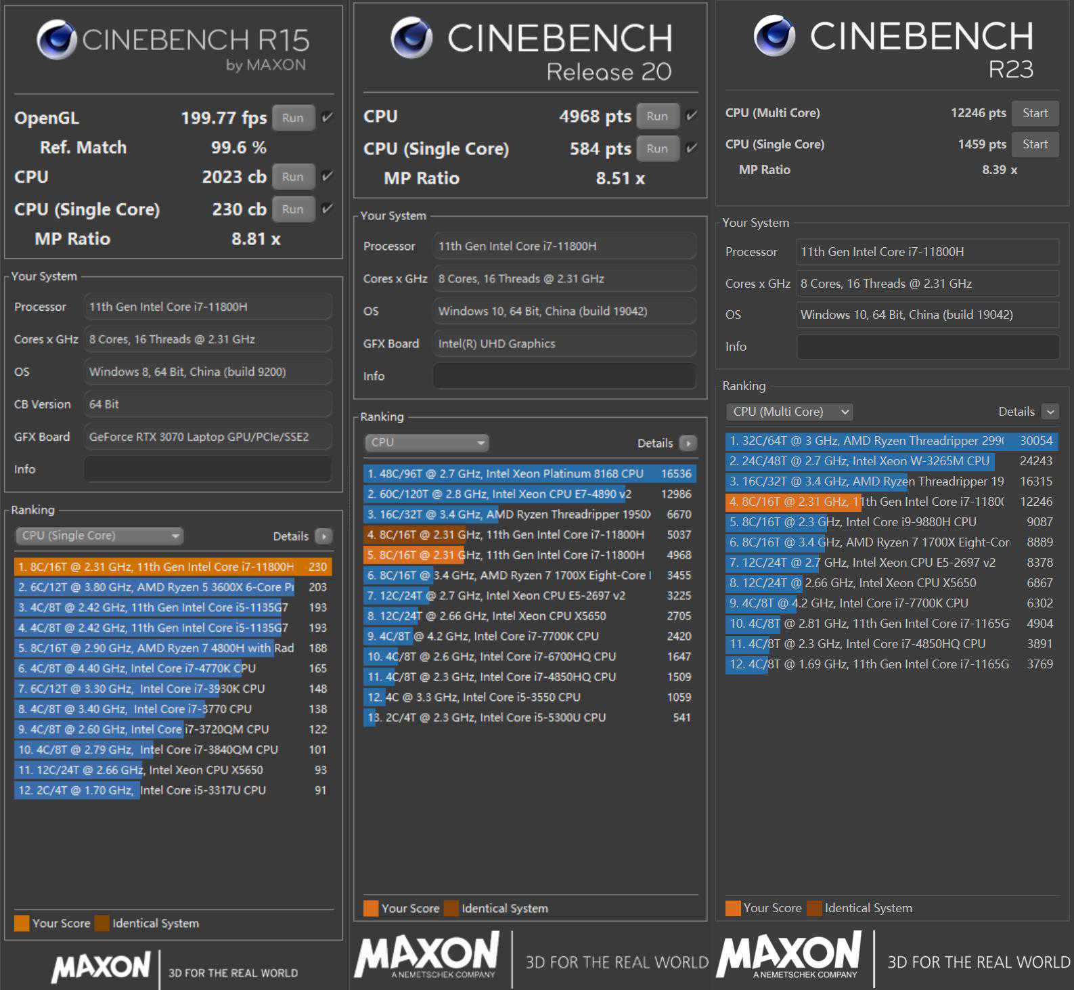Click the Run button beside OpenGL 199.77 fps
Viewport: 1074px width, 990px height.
tap(293, 118)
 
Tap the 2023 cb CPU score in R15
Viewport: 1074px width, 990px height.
tap(234, 177)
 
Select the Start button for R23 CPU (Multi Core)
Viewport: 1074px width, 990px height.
tap(1035, 113)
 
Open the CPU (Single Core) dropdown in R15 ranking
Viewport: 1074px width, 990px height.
tap(99, 536)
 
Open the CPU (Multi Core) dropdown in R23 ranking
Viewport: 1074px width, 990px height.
tap(788, 412)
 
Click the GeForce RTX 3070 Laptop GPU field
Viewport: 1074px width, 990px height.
tap(208, 437)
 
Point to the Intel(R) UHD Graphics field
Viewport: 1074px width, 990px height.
tap(564, 343)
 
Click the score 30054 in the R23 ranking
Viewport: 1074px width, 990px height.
tap(1036, 441)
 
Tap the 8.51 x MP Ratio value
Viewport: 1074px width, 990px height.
tap(620, 178)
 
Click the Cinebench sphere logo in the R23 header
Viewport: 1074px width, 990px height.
tap(774, 35)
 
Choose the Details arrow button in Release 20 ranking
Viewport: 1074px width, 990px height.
tap(688, 443)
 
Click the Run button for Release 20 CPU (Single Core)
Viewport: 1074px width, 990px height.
tap(656, 149)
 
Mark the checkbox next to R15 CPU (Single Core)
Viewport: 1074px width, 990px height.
tap(327, 209)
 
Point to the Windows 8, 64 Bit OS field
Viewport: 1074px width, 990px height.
tap(208, 372)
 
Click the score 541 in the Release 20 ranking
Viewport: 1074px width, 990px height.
tap(681, 718)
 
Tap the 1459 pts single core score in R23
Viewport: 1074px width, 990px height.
tap(981, 144)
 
